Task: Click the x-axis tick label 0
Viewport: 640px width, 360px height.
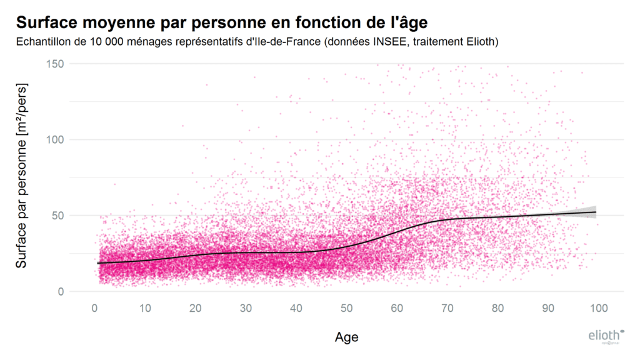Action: click(94, 308)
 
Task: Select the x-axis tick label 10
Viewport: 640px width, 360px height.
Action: click(144, 308)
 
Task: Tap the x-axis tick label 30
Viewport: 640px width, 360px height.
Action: click(246, 308)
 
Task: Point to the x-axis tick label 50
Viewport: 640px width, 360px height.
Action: click(346, 308)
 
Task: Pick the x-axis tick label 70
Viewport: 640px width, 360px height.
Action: click(447, 308)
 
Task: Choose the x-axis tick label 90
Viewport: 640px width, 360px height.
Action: click(548, 308)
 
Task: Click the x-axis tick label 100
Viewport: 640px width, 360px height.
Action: click(599, 308)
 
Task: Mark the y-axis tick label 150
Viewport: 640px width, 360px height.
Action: click(56, 64)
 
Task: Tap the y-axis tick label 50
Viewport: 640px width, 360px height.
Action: click(59, 216)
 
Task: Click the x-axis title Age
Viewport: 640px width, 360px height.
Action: click(346, 337)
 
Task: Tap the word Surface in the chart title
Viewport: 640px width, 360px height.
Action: click(46, 22)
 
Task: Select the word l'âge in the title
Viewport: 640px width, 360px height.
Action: click(406, 22)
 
